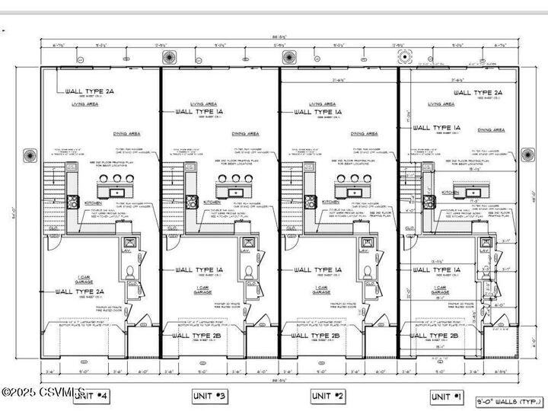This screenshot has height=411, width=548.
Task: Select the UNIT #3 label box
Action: pyautogui.click(x=210, y=396)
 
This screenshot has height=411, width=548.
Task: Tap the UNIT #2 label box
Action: pyautogui.click(x=329, y=396)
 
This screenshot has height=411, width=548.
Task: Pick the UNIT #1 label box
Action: pyautogui.click(x=448, y=396)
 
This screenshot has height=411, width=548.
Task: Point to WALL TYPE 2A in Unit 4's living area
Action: pyautogui.click(x=89, y=92)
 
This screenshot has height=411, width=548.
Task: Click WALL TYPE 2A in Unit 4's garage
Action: pyautogui.click(x=79, y=291)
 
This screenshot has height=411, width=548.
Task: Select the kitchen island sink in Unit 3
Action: pyautogui.click(x=235, y=191)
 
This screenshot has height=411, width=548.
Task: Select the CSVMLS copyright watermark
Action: pyautogui.click(x=43, y=392)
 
